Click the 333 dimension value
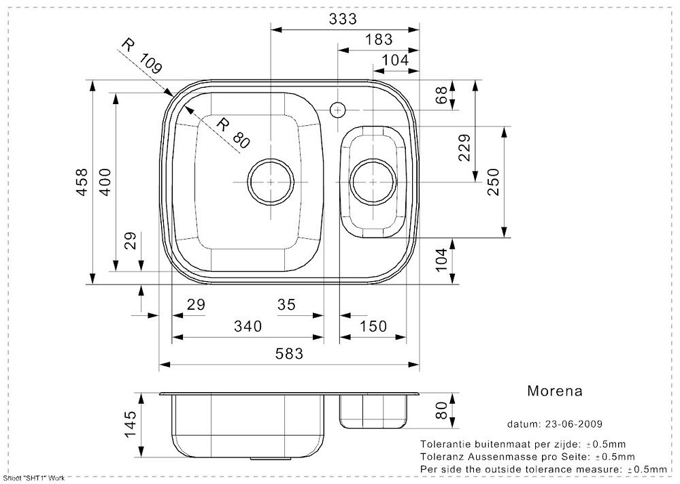343,18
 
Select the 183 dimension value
379,39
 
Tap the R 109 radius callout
141,56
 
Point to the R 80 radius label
233,133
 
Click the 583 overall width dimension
289,354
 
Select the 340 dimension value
248,326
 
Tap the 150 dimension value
373,326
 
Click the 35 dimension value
287,305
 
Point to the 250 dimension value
494,182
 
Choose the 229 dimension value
464,148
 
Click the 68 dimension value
441,95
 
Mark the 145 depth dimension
130,425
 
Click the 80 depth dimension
441,410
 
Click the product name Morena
555,391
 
